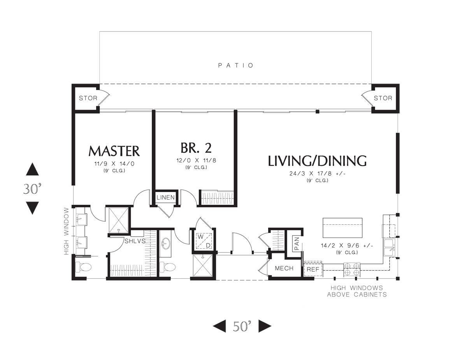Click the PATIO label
coord(236,65)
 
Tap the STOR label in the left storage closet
coord(88,98)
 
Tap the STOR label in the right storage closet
coord(383,98)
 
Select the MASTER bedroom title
coord(114,151)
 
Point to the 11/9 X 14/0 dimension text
coord(114,164)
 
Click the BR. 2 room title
coord(196,148)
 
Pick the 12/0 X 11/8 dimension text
coord(196,160)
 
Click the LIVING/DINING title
coord(317,161)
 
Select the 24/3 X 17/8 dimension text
coord(317,173)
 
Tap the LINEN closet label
coord(165,197)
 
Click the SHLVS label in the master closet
coord(135,241)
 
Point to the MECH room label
coord(284,268)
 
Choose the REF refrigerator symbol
coord(313,269)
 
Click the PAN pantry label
coord(297,244)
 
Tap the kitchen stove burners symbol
coord(352,269)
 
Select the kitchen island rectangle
coord(342,228)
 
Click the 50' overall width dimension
coord(242,326)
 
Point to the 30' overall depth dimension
coord(32,189)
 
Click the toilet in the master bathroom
coord(83,267)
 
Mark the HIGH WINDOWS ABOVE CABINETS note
coord(357,291)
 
